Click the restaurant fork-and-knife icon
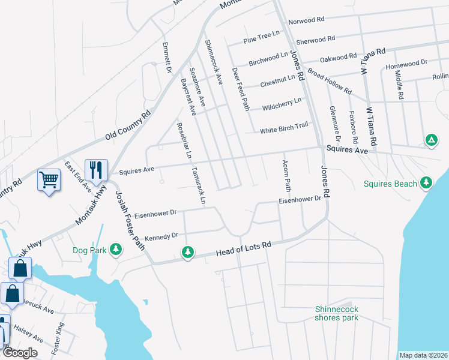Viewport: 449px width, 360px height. [x=96, y=170]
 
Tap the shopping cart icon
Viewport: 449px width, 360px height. [x=49, y=179]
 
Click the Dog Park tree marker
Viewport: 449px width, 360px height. [x=116, y=248]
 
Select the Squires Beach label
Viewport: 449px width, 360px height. [x=390, y=184]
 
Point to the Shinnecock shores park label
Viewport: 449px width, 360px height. [x=336, y=313]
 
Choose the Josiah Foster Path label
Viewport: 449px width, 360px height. [x=130, y=220]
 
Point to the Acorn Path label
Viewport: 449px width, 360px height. [x=286, y=176]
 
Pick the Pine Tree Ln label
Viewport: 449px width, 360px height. [x=262, y=37]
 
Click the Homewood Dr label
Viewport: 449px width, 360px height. [x=406, y=63]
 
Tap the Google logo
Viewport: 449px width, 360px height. [x=20, y=353]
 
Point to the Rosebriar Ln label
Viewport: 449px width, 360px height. [x=183, y=140]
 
